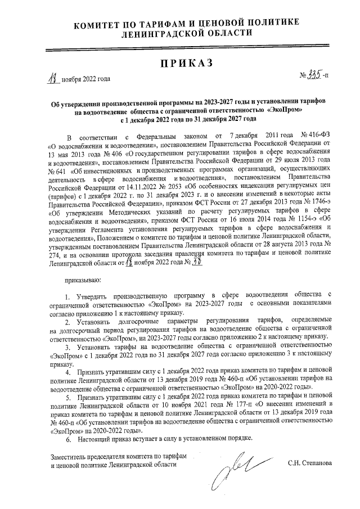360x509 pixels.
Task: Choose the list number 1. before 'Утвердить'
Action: [x=67, y=295]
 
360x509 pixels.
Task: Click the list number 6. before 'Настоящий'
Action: [x=69, y=438]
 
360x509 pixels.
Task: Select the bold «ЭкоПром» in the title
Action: [x=285, y=111]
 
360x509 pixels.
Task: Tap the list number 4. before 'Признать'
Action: [x=69, y=372]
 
